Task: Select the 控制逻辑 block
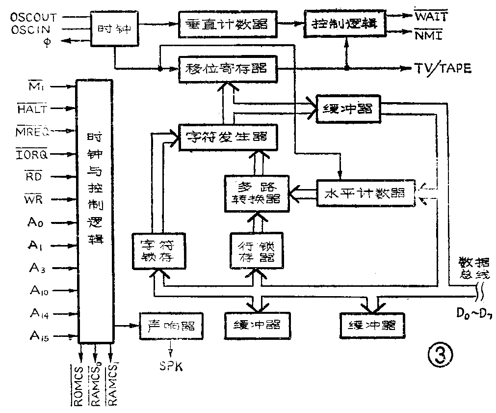[x=345, y=23]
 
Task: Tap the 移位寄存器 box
[x=226, y=69]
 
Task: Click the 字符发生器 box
[x=226, y=136]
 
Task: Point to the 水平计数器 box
[x=365, y=193]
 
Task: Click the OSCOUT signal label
[x=33, y=17]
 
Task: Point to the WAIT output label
[x=431, y=17]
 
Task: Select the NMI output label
[x=428, y=35]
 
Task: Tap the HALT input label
[x=32, y=109]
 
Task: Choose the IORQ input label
[x=32, y=155]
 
